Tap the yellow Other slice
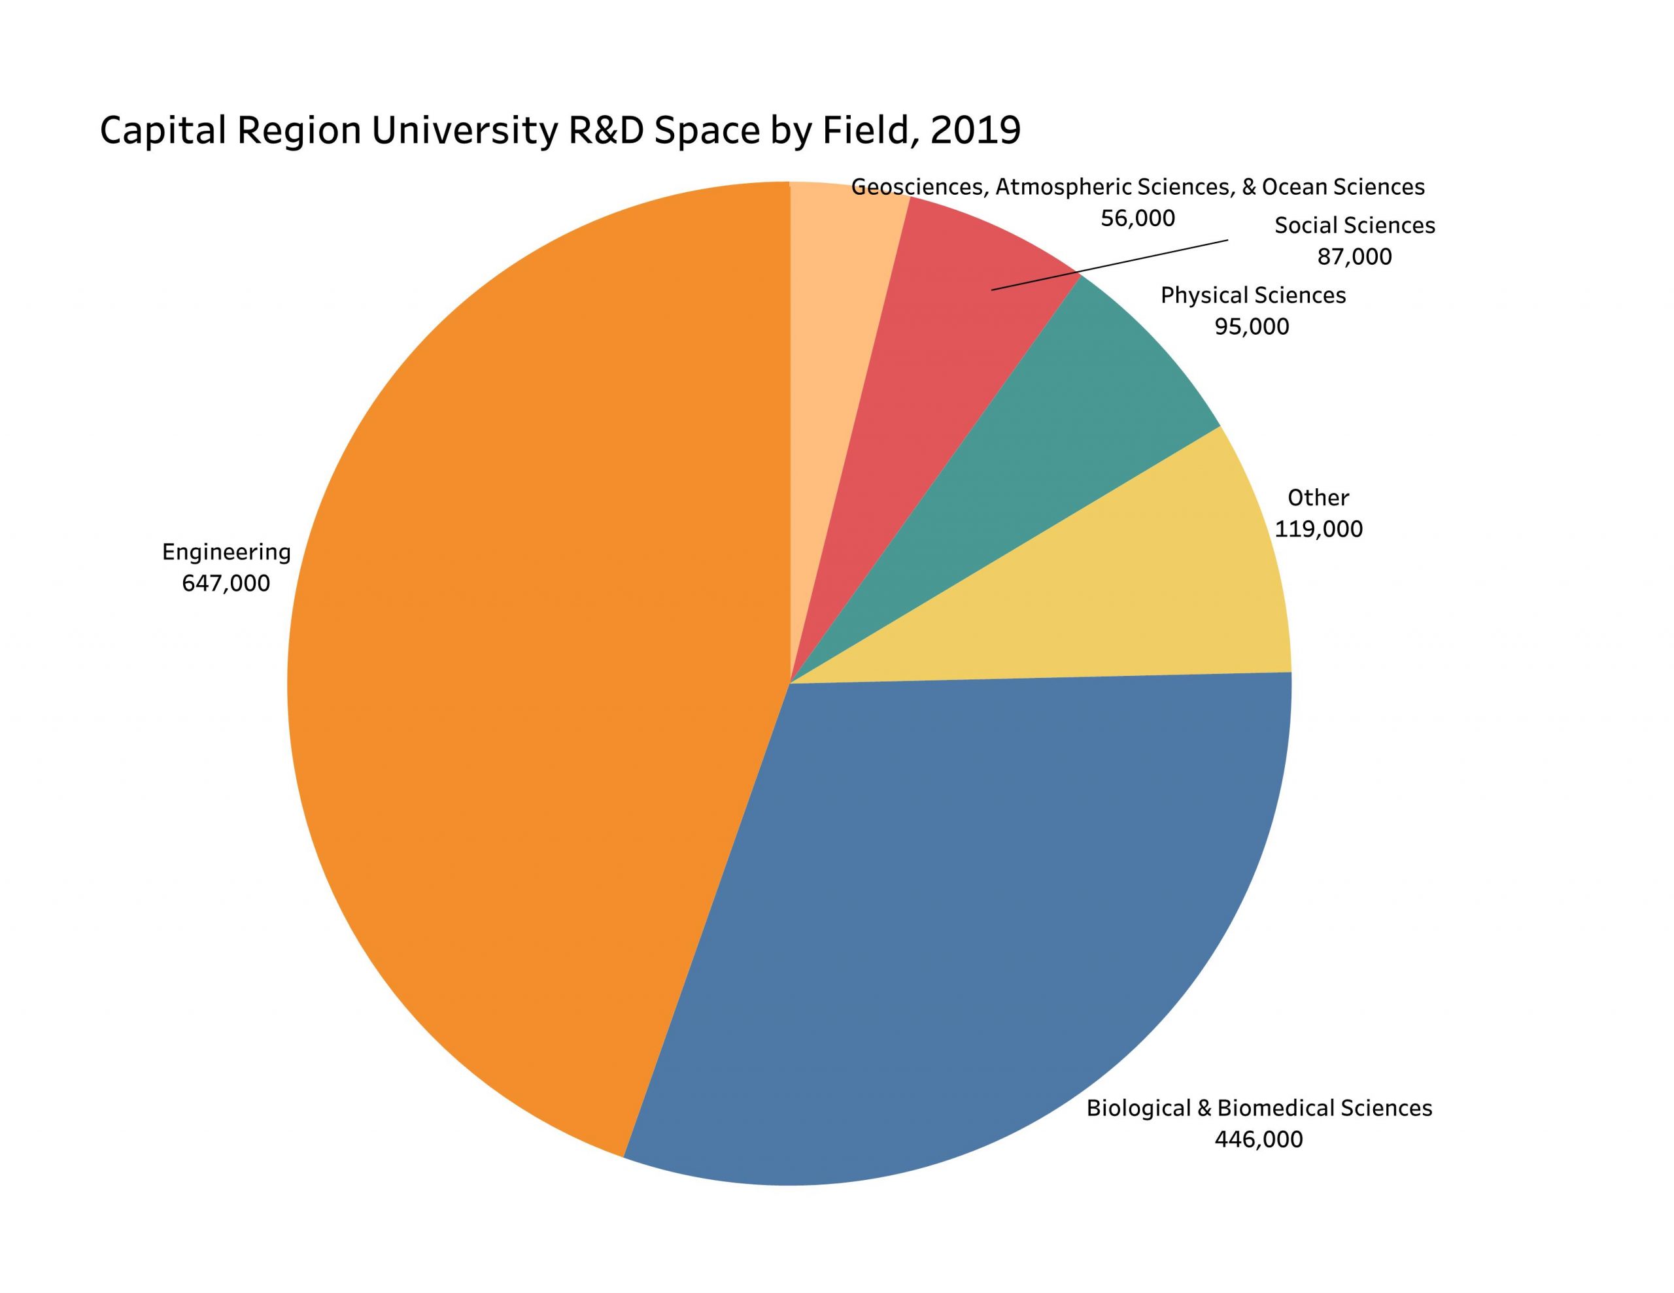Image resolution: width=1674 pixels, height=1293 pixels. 1150,598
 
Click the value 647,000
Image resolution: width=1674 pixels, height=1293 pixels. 226,584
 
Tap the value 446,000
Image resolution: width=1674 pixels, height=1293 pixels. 1258,1140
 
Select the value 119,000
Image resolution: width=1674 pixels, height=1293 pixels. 1318,529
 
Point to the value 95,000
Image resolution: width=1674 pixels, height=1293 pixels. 1252,327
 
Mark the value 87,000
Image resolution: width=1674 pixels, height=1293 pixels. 1354,258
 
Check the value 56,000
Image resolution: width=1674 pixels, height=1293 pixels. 1137,219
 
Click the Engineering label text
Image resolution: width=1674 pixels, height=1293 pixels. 226,552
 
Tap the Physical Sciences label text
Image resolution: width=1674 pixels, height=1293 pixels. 1252,296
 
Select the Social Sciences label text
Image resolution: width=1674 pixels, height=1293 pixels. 1354,226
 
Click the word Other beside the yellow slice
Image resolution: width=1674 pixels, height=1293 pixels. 1318,498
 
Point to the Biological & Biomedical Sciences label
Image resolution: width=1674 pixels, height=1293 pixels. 1259,1108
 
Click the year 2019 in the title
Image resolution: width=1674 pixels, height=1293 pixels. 975,131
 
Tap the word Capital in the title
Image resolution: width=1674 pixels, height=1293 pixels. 162,131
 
